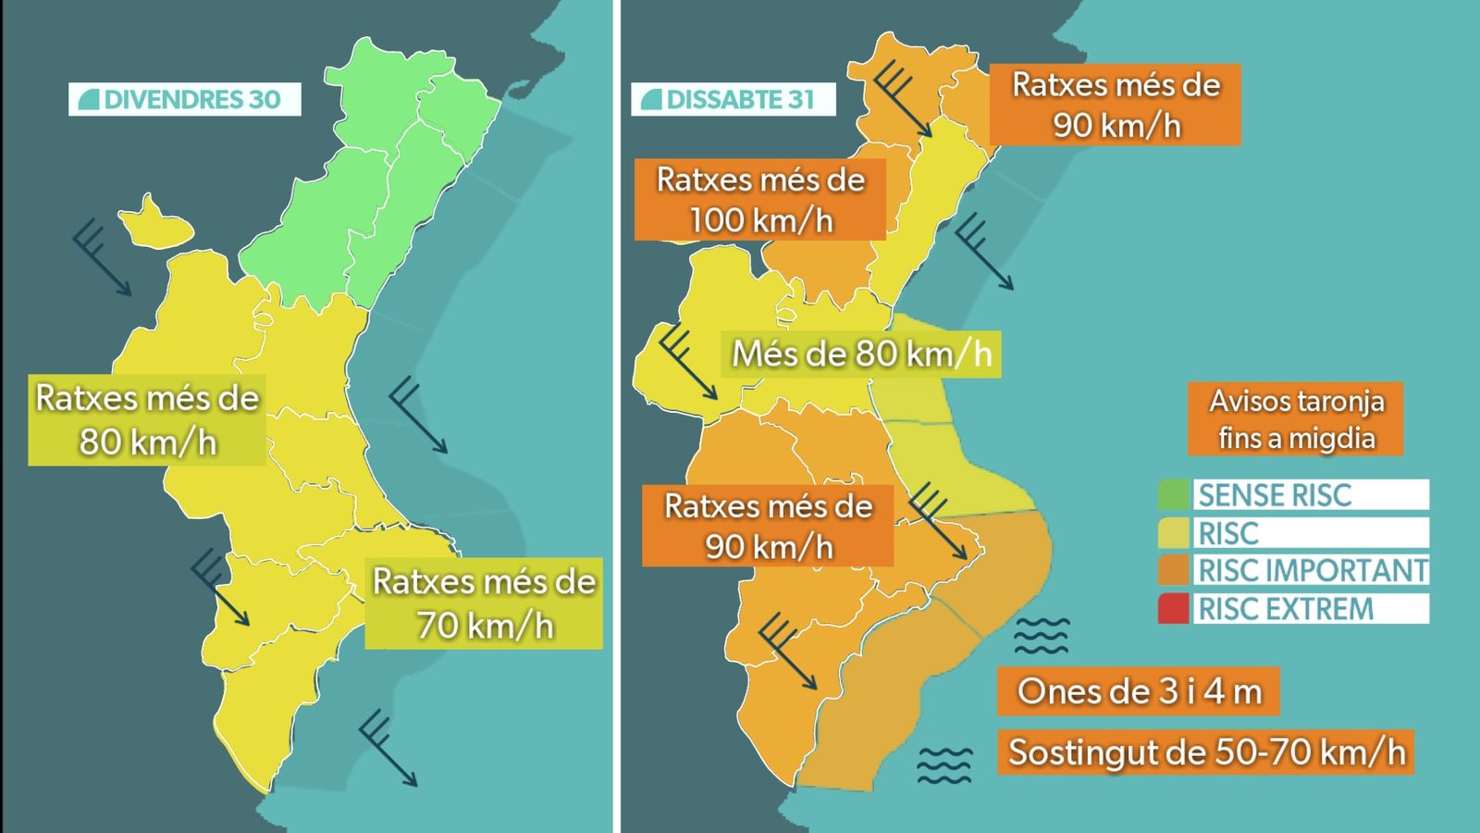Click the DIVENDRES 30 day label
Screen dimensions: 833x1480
(x=185, y=99)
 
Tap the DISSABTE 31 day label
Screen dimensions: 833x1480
(x=733, y=99)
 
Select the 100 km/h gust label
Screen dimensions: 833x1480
(x=760, y=200)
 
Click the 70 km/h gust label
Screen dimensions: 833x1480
(x=484, y=603)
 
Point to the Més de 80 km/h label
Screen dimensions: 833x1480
(x=860, y=354)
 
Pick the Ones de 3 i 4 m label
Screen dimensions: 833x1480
(x=1139, y=691)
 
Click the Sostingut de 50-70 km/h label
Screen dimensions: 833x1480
(x=1205, y=752)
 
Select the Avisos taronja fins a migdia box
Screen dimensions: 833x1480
(x=1296, y=419)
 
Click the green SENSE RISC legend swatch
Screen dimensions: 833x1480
(x=1174, y=495)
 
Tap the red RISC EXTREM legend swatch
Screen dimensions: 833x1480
(x=1174, y=609)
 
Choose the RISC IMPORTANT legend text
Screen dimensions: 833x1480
(x=1312, y=570)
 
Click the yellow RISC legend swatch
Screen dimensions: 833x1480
(x=1174, y=533)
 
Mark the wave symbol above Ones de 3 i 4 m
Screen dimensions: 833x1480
(x=1042, y=636)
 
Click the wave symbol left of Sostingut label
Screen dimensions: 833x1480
(x=944, y=765)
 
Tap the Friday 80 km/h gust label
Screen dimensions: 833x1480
(x=147, y=420)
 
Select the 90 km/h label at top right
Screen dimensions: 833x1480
(x=1115, y=105)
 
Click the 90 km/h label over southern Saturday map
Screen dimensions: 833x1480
(x=768, y=526)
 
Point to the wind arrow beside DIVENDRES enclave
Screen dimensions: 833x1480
(x=101, y=258)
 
